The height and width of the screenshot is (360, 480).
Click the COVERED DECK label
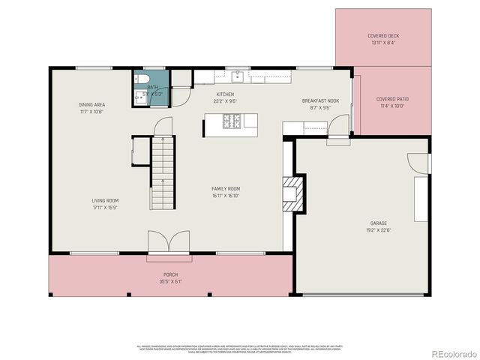(383, 36)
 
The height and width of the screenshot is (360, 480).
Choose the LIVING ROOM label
(105, 200)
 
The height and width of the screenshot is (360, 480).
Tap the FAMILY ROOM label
(225, 188)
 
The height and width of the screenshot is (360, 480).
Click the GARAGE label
(378, 223)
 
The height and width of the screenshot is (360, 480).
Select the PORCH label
(170, 275)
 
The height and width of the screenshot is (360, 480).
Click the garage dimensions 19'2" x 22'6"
(378, 230)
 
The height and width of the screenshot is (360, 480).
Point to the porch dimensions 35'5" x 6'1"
(170, 282)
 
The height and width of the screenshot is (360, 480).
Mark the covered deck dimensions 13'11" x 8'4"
(383, 43)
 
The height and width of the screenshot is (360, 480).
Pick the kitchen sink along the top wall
(237, 74)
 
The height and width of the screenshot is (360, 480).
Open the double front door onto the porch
(164, 243)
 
